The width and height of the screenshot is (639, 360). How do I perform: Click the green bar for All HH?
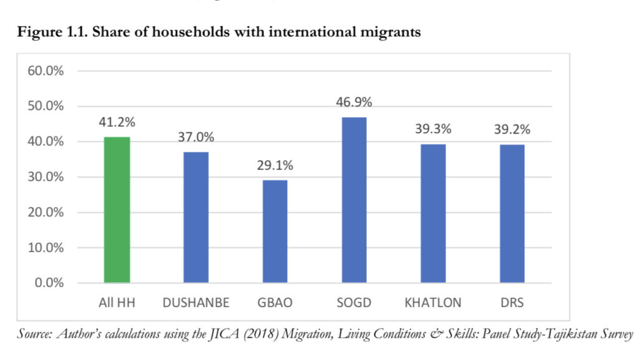117,210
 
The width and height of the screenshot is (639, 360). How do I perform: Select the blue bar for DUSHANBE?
195,218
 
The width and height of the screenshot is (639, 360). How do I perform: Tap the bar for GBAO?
275,231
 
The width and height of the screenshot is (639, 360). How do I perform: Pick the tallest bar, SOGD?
354,200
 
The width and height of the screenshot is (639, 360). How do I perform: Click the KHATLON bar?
432,213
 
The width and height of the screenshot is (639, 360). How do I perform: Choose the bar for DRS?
512,213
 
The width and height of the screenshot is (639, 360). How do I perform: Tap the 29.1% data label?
275,166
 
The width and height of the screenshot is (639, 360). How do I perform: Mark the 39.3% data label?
432,130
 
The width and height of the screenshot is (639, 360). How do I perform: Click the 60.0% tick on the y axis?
46,71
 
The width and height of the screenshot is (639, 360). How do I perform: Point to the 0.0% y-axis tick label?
49,283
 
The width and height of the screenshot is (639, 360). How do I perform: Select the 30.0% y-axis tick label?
46,177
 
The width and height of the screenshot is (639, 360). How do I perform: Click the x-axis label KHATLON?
432,303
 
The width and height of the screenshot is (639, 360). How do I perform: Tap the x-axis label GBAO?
275,303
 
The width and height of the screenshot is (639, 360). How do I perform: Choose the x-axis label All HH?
117,303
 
